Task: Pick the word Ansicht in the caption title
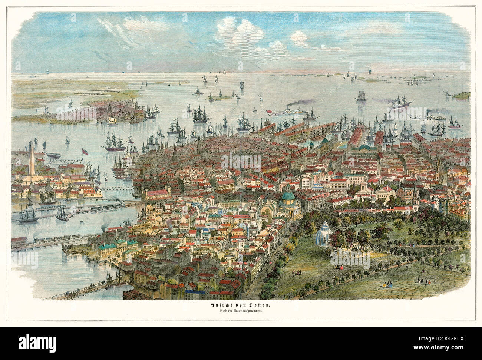[x=216, y=305]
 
